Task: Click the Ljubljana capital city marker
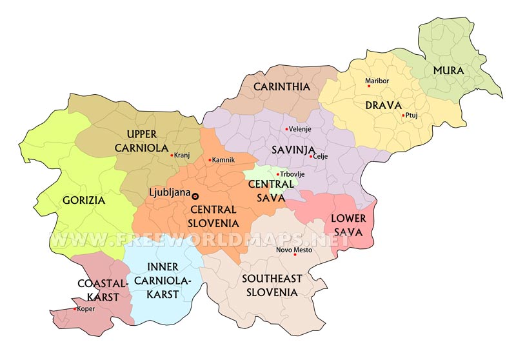pos(195,196)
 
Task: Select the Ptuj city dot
pos(404,115)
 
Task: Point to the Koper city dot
pos(75,309)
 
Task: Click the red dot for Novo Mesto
pos(295,255)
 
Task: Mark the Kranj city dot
pos(172,155)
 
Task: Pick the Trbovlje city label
pos(292,174)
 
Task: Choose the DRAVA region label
pos(383,105)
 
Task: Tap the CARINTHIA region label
pos(281,86)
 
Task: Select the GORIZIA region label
pos(84,200)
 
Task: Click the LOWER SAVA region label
pos(348,225)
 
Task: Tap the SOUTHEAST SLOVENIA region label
pos(271,285)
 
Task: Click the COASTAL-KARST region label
pos(98,290)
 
